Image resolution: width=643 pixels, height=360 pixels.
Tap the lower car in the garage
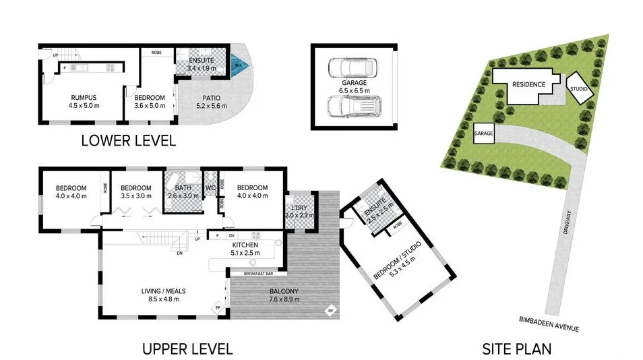click(x=353, y=105)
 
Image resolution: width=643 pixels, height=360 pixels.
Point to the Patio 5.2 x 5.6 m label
click(x=208, y=102)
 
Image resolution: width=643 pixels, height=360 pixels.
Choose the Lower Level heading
click(x=128, y=141)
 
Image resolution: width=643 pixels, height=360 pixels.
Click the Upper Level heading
click(x=187, y=349)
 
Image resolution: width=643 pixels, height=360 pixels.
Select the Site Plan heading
click(x=516, y=349)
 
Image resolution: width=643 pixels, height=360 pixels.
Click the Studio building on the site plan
click(x=579, y=89)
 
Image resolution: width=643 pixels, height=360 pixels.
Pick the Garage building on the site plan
click(x=484, y=134)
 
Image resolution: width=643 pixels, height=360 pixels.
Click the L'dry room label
click(x=296, y=210)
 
